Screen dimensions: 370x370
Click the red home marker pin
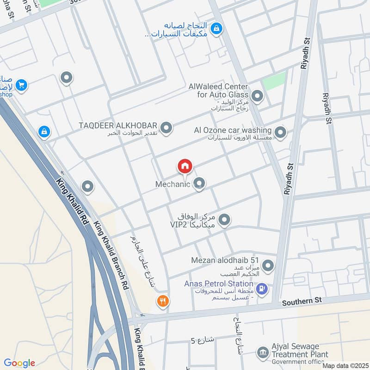[x=185, y=166]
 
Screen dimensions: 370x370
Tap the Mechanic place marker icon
[x=199, y=184]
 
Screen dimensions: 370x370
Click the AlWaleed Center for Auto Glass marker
[x=258, y=97]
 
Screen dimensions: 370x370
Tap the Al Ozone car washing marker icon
[x=280, y=133]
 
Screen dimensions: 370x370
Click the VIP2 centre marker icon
[x=224, y=220]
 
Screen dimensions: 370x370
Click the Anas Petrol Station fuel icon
[x=262, y=289]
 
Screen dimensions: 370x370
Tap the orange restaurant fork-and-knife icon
[x=163, y=301]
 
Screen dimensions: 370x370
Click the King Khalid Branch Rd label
[x=111, y=255]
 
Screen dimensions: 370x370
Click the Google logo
[x=19, y=363]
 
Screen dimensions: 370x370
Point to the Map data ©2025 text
[x=344, y=365]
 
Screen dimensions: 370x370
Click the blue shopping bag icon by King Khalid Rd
[x=44, y=132]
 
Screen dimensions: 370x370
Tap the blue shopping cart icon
[x=21, y=85]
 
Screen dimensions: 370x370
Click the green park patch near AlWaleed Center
[x=274, y=80]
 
